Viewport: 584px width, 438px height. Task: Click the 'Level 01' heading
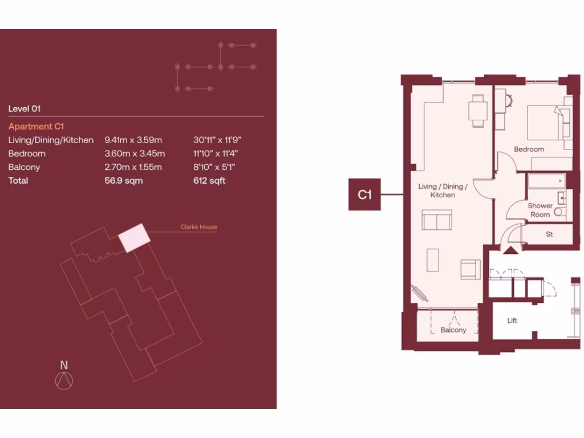click(25, 108)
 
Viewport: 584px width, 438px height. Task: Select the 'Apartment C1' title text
click(38, 127)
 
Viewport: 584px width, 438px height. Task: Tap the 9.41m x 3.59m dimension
click(133, 140)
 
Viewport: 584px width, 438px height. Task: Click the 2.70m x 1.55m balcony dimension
click(133, 167)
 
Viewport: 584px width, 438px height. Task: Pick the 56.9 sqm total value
click(124, 181)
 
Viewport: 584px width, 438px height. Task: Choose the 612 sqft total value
click(209, 181)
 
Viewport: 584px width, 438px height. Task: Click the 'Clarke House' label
click(199, 227)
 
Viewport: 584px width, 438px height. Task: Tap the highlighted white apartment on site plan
click(135, 238)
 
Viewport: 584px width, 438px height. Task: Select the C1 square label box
click(364, 195)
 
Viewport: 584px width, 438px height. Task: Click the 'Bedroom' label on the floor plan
click(529, 149)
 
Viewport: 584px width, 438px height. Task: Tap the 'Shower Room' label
click(540, 210)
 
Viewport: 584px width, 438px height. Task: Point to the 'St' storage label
click(549, 234)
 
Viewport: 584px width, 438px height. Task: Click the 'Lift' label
click(512, 321)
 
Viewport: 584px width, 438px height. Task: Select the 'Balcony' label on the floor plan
click(453, 330)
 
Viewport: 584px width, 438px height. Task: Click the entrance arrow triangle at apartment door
click(510, 249)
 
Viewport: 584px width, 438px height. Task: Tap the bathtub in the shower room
click(547, 181)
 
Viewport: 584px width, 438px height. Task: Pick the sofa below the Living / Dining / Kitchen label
click(437, 220)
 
